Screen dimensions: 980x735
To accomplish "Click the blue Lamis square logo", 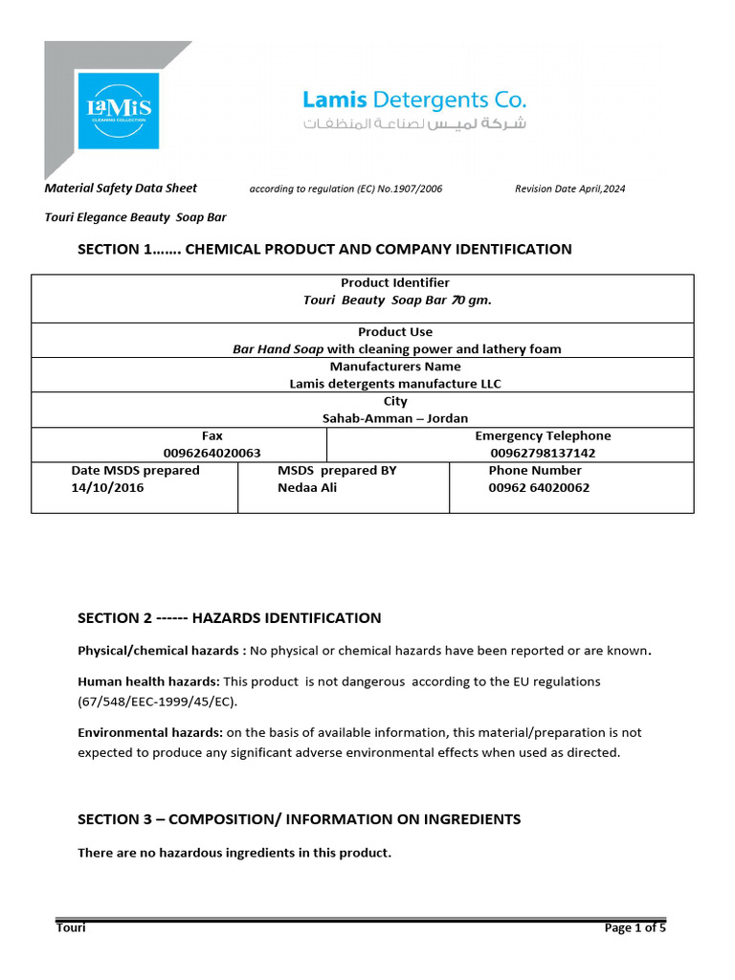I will click(120, 110).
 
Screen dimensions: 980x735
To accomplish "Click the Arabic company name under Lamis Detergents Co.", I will click(414, 124).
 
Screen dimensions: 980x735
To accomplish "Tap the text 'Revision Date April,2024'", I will click(569, 189).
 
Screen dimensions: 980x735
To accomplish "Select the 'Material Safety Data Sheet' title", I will click(121, 189).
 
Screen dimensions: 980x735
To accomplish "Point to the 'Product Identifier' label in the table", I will click(395, 282).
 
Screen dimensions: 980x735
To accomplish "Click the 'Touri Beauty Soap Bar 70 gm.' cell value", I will click(396, 300).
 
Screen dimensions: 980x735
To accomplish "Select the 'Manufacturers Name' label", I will click(395, 367).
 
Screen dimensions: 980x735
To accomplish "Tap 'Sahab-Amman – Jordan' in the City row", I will click(395, 418).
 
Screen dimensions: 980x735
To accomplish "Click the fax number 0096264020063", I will click(212, 453).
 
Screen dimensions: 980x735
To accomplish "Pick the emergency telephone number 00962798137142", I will click(543, 453).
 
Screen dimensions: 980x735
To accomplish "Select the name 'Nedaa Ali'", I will click(307, 487).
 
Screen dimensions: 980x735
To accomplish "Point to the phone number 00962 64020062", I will click(539, 487).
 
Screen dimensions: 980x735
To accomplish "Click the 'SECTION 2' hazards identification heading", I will click(229, 618).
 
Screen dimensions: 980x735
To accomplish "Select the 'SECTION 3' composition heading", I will click(299, 819).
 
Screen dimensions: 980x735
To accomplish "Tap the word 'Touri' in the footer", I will click(71, 927).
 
